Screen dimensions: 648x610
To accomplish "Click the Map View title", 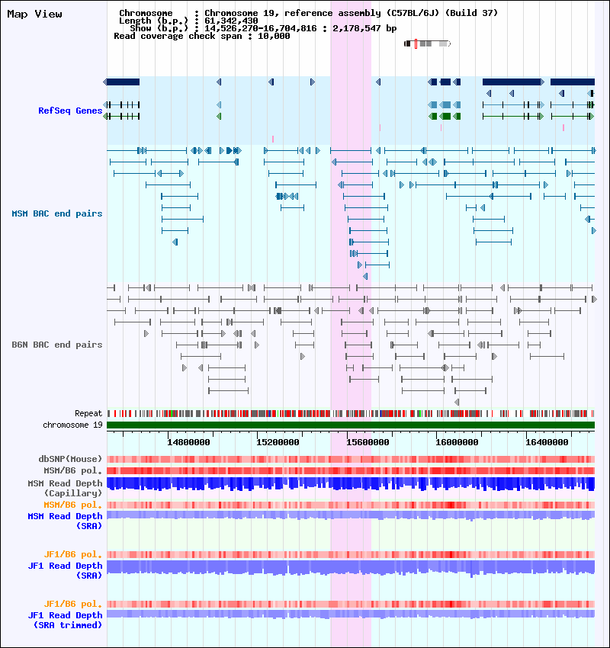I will [x=34, y=14].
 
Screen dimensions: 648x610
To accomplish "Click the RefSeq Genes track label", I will [x=70, y=111].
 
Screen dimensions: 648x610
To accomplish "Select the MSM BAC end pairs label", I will [x=56, y=213].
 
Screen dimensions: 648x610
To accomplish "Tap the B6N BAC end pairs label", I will [x=56, y=345].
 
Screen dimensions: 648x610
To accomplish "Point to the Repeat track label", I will [x=88, y=413].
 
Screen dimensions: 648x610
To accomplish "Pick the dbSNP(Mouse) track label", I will [x=70, y=459].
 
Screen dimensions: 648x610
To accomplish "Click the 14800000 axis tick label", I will [x=188, y=441].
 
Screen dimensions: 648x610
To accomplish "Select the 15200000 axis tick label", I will [x=278, y=441].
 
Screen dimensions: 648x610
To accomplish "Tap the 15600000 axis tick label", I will [x=368, y=441].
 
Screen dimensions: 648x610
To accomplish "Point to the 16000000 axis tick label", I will [x=457, y=441].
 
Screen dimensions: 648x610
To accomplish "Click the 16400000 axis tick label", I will [x=547, y=441].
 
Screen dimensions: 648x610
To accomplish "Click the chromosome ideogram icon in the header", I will [x=427, y=43].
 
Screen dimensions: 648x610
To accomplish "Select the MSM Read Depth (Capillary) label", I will [x=65, y=488].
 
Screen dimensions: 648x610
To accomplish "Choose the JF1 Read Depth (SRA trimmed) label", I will [x=65, y=620].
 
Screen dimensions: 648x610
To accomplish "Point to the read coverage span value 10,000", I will [x=273, y=36].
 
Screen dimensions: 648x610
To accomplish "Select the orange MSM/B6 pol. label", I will [x=72, y=505].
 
